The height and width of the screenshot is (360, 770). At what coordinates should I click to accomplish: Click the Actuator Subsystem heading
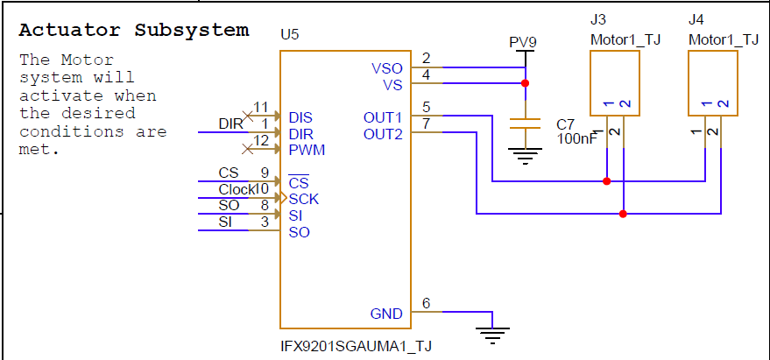[134, 30]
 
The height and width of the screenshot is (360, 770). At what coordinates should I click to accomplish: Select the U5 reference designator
[290, 35]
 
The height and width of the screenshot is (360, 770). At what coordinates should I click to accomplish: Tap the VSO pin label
[387, 68]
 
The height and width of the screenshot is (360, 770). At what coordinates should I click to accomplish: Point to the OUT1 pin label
[383, 118]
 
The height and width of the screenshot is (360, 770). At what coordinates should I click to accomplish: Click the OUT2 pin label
[383, 134]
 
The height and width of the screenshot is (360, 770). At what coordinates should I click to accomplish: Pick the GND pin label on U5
[386, 314]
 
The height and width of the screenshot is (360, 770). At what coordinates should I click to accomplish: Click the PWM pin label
[307, 150]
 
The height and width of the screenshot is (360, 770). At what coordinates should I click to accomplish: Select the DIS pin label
[300, 118]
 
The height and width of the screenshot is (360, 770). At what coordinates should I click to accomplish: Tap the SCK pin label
[303, 199]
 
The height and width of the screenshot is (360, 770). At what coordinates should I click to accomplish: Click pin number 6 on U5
[427, 304]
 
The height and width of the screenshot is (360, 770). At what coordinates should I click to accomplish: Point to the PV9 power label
[523, 43]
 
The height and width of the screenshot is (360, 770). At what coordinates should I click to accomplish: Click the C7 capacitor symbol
[525, 124]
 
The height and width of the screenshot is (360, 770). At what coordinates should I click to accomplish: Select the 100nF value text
[577, 138]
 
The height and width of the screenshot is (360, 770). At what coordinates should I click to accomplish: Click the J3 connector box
[615, 83]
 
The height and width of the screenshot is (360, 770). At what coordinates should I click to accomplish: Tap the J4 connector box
[713, 83]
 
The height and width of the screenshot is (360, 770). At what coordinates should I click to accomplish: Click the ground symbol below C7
[525, 156]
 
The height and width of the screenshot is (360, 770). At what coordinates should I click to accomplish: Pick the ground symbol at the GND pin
[492, 335]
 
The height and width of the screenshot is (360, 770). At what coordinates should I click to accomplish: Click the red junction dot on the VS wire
[525, 83]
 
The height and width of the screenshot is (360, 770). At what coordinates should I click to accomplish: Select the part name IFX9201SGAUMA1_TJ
[356, 346]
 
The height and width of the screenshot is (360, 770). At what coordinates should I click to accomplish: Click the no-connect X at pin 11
[248, 116]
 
